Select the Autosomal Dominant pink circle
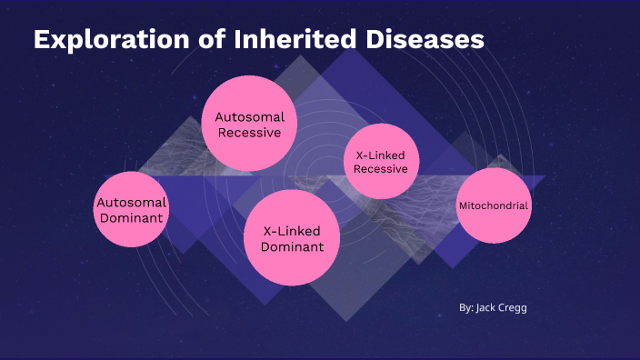pyautogui.click(x=132, y=210)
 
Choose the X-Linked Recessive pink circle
pyautogui.click(x=381, y=162)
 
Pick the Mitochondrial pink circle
pyautogui.click(x=494, y=205)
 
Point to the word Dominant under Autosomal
pyautogui.click(x=132, y=218)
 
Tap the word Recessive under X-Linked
pyautogui.click(x=381, y=169)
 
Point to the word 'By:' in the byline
pyautogui.click(x=465, y=308)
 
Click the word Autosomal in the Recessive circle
pyautogui.click(x=250, y=117)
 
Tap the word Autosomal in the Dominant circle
pyautogui.click(x=132, y=203)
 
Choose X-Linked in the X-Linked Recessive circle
pyautogui.click(x=381, y=155)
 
